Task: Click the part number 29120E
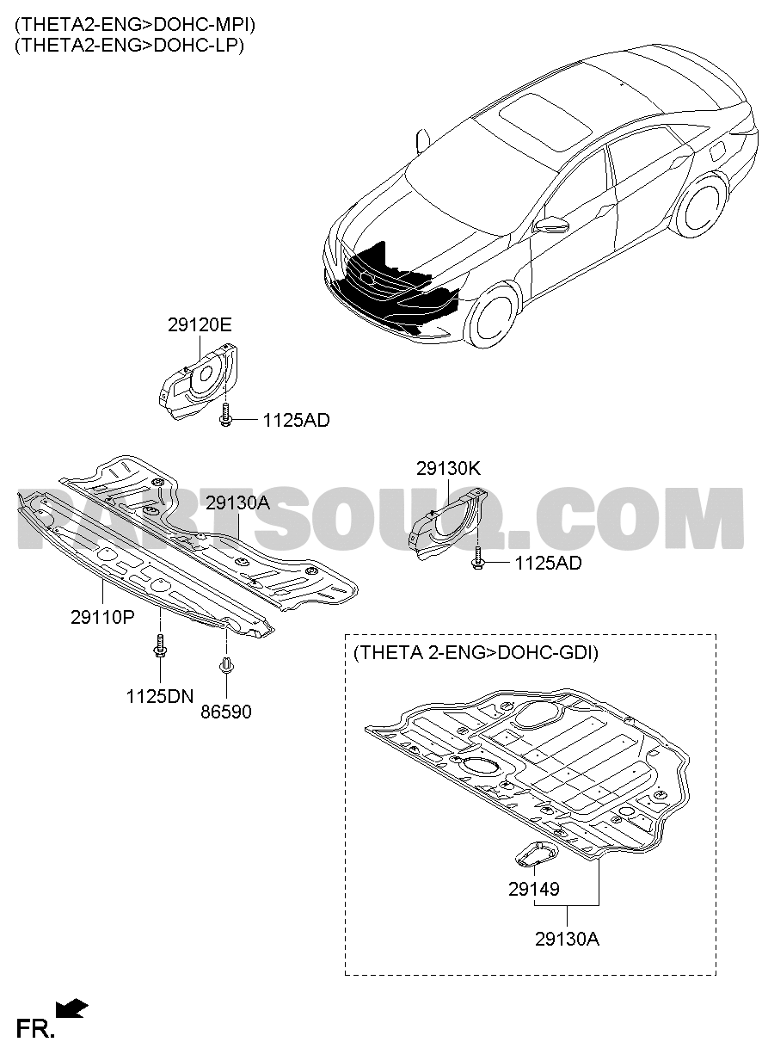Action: pos(200,325)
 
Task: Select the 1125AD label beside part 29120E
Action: pos(296,421)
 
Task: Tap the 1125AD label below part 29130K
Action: pos(548,564)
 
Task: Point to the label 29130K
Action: pos(448,468)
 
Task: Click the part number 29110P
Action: pos(102,617)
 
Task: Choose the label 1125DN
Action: pos(159,696)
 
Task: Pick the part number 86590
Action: pos(226,712)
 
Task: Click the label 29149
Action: pos(534,889)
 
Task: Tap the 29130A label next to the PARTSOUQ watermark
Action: pos(237,503)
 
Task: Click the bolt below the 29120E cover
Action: pos(225,415)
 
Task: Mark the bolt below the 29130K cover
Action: pos(477,558)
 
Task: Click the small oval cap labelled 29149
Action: pos(537,854)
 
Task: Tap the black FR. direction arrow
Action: pos(71,1008)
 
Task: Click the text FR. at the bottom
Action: pos(35,1027)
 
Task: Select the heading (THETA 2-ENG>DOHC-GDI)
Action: pos(476,653)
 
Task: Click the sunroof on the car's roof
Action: pos(545,122)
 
